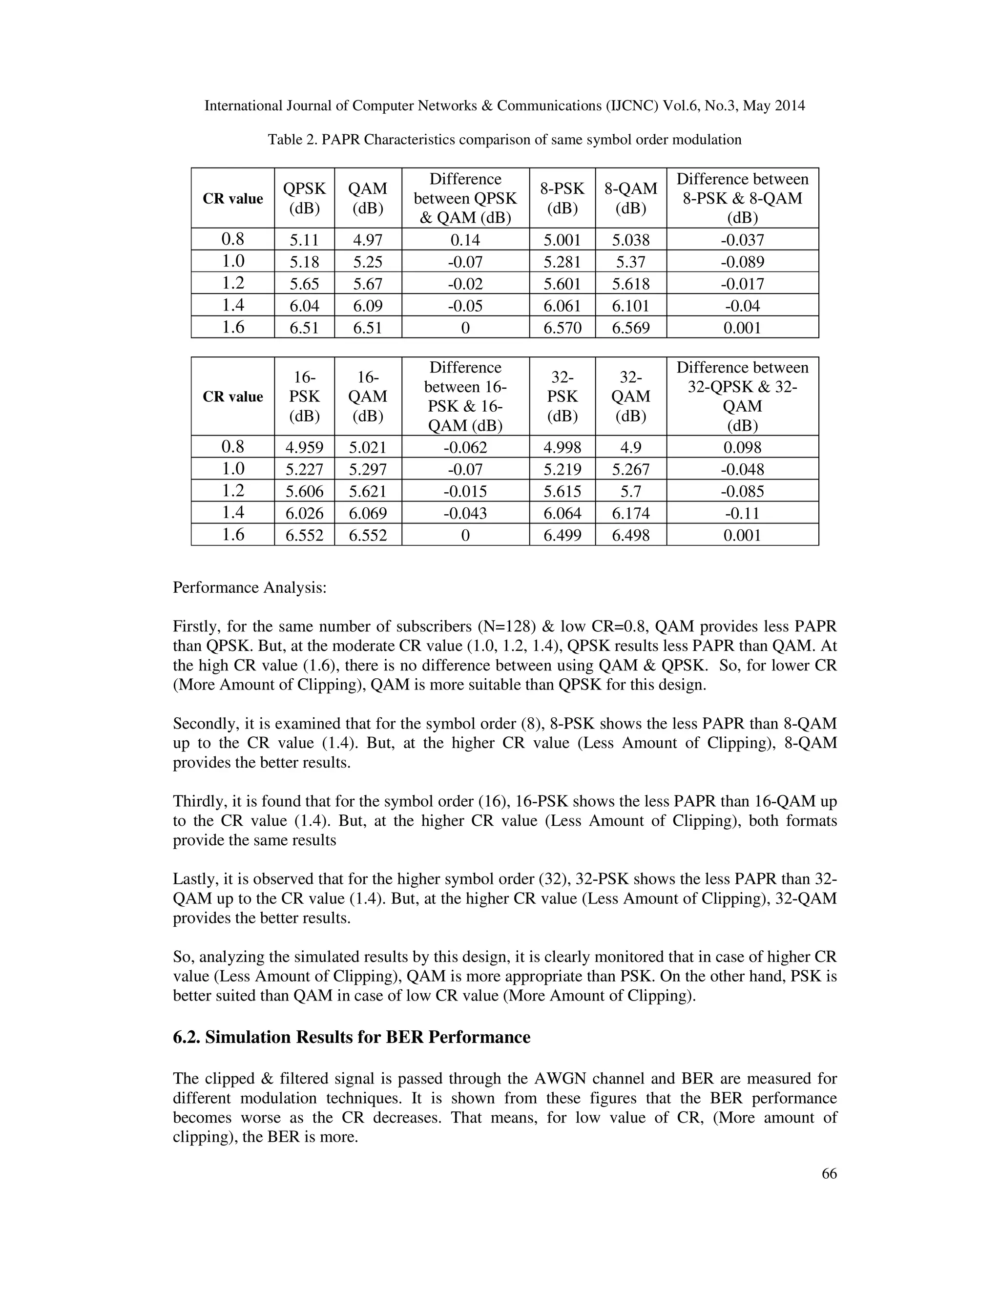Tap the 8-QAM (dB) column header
pos(630,198)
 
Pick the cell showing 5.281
pos(562,262)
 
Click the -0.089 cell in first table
pos(742,262)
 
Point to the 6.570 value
pos(562,328)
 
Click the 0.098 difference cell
pos(742,447)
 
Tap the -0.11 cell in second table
pos(742,513)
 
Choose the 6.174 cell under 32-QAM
pos(630,513)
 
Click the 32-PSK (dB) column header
pos(562,397)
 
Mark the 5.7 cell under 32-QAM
pos(630,491)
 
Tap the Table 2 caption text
pos(504,140)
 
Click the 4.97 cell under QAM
pos(367,240)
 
